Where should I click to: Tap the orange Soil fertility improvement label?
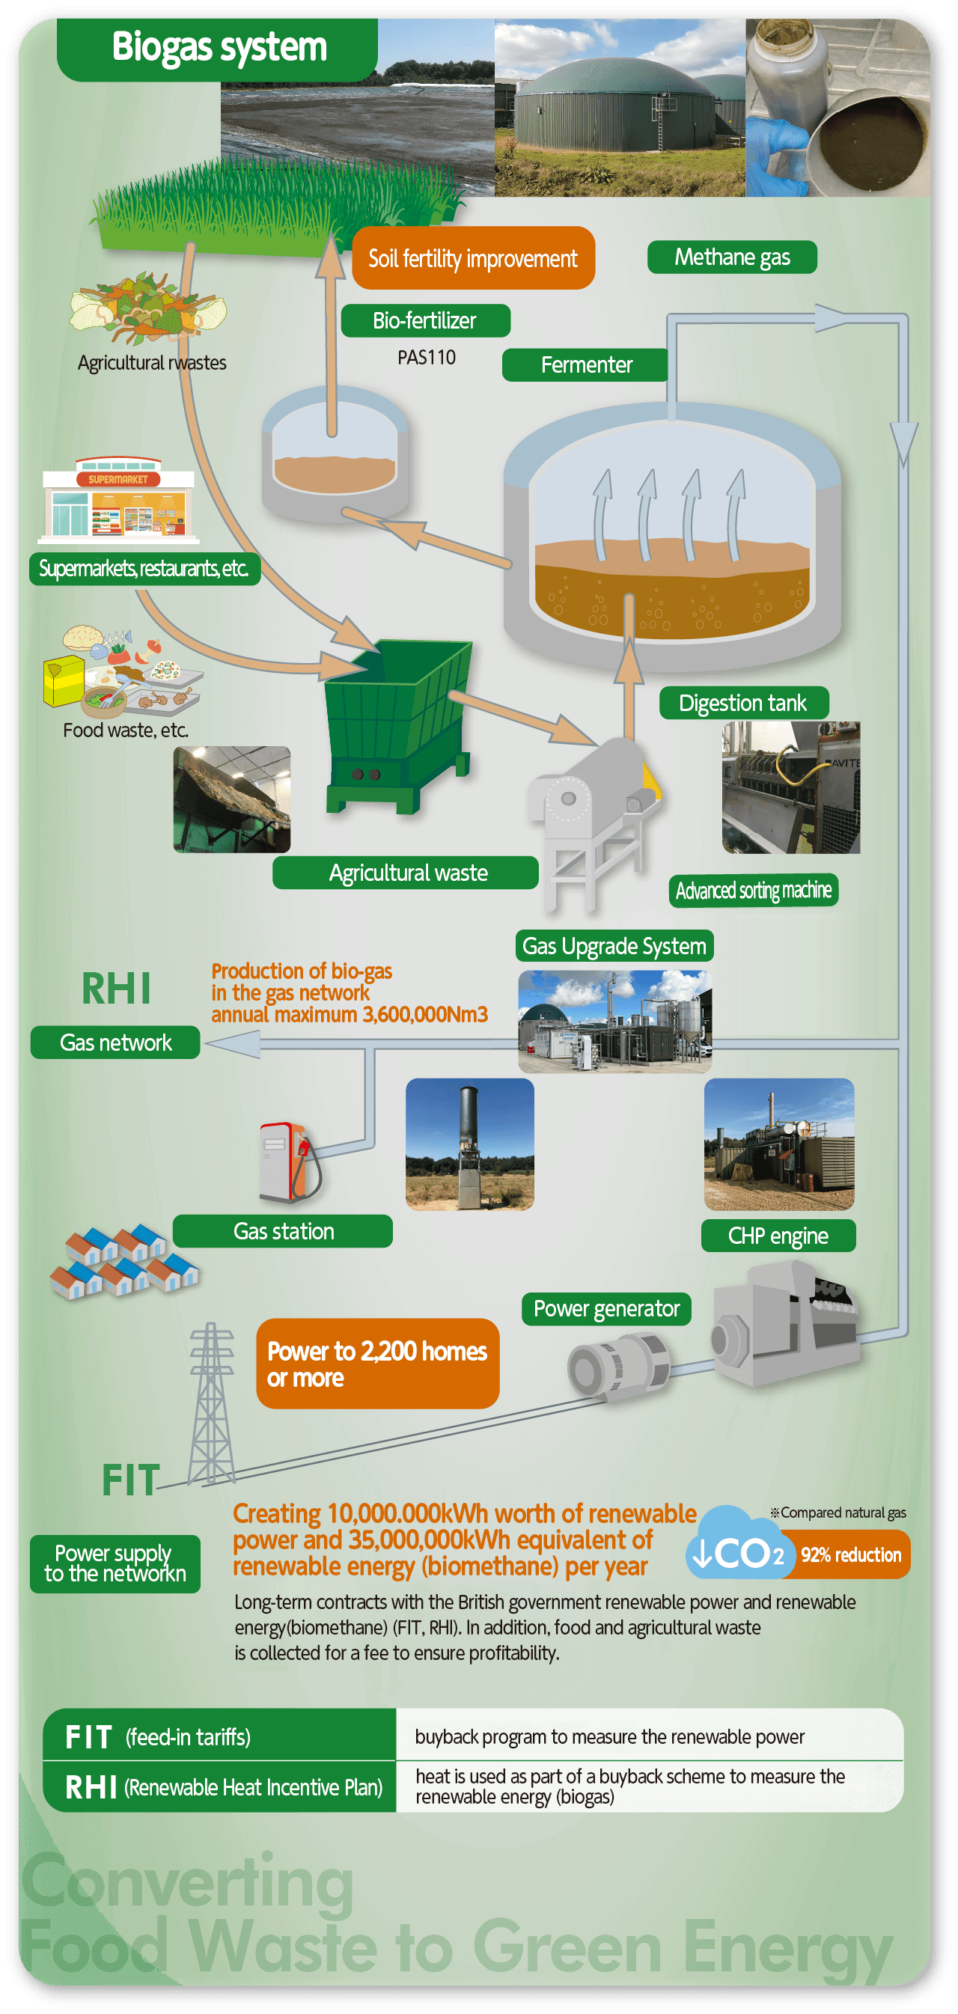click(473, 258)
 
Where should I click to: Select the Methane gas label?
click(731, 257)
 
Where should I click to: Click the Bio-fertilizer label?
click(424, 320)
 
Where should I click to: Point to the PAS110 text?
click(426, 357)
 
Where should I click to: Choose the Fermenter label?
click(586, 364)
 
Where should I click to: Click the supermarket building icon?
click(118, 501)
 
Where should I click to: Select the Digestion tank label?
click(742, 703)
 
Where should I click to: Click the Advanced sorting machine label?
click(753, 891)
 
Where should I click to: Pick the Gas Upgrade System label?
click(614, 946)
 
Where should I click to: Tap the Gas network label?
click(115, 1043)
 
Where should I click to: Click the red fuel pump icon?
click(286, 1162)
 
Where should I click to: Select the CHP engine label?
click(778, 1236)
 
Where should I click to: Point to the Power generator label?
click(606, 1309)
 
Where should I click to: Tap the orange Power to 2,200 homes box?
click(378, 1364)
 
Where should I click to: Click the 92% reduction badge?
click(851, 1554)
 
